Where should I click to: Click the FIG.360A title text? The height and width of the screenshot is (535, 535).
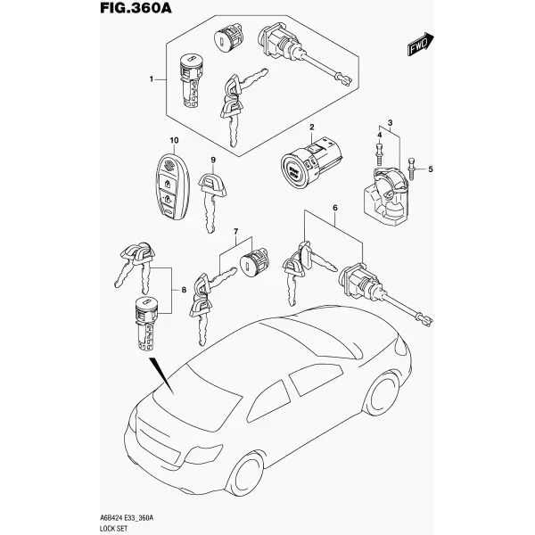click(x=136, y=7)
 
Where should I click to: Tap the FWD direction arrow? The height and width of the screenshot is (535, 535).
click(x=420, y=44)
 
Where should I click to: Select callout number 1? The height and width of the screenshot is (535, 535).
click(x=152, y=79)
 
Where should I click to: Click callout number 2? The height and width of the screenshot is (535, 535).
click(x=311, y=128)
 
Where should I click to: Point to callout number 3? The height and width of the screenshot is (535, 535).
click(x=390, y=123)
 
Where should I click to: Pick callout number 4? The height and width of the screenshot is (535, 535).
click(x=380, y=136)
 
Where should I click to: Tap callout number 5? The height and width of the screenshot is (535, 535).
click(x=431, y=169)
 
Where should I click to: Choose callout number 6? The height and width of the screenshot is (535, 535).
click(x=334, y=208)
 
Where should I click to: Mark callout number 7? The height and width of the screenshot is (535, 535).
click(x=235, y=232)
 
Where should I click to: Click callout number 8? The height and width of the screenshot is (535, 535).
click(x=184, y=290)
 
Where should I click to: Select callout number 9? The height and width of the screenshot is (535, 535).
click(x=213, y=160)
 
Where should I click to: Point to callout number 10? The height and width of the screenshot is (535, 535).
click(x=174, y=140)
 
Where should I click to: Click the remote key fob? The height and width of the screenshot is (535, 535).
click(x=173, y=186)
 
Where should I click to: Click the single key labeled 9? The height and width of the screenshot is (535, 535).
click(x=211, y=202)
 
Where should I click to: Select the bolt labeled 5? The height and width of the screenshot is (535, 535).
click(x=411, y=169)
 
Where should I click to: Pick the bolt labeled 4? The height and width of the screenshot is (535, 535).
click(x=380, y=155)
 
